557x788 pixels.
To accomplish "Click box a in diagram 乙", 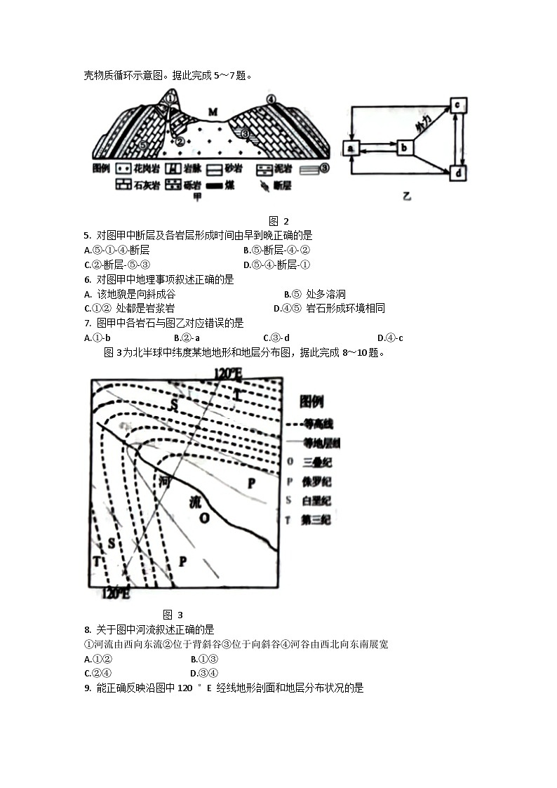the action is [351, 147].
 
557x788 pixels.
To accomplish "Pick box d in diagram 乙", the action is [457, 173].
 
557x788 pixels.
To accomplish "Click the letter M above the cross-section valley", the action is [212, 111].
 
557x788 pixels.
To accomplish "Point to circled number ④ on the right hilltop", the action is [271, 100].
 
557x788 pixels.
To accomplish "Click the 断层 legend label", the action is [283, 186].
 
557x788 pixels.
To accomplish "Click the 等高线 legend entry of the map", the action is [318, 424].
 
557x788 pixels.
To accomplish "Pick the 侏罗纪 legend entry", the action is [316, 481].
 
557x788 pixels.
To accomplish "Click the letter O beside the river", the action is [204, 518].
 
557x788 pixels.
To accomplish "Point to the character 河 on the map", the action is [165, 481].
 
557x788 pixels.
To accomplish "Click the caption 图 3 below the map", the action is [173, 615].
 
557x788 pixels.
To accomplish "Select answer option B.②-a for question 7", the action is [187, 338].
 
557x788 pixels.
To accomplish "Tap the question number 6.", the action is [87, 279].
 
